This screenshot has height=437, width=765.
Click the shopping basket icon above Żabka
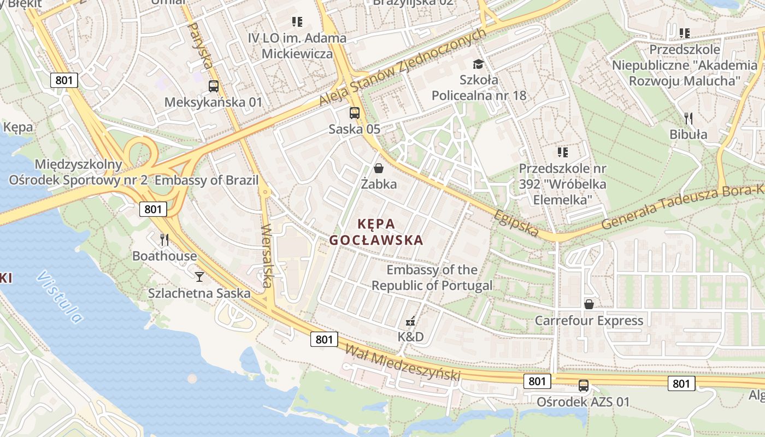coord(378,168)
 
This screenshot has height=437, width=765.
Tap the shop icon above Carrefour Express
coord(589,304)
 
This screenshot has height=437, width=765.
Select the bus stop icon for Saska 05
coord(355,113)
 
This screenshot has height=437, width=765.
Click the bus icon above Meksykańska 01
coord(214,86)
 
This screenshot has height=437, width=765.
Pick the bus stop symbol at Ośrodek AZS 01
coord(584,386)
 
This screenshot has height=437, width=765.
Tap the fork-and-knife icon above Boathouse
coord(164,239)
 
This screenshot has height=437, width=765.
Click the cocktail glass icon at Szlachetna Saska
coord(199,277)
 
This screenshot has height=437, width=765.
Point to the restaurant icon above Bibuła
coord(688,118)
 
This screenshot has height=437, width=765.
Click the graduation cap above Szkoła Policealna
coord(479,64)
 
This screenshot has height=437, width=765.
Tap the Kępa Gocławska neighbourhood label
coord(376,232)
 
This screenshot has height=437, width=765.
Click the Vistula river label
coord(60,297)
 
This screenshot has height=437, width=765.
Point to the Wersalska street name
coord(267,256)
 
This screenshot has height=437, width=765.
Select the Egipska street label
coord(516,222)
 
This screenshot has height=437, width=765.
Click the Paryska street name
coord(199,45)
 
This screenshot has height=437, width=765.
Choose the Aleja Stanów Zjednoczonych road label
coord(402,68)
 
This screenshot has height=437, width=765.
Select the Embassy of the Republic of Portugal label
coord(432,277)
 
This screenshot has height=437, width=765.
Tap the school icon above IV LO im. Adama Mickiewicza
coord(297,22)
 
